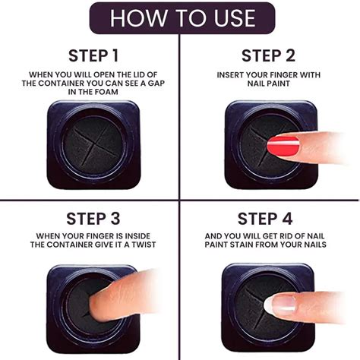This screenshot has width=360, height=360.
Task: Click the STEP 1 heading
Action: pos(90,55)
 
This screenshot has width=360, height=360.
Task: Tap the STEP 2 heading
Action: pos(269,55)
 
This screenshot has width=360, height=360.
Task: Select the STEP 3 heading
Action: pos(90,219)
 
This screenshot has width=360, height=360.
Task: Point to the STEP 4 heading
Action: pos(269,219)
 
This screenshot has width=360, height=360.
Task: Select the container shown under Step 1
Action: pos(90,144)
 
